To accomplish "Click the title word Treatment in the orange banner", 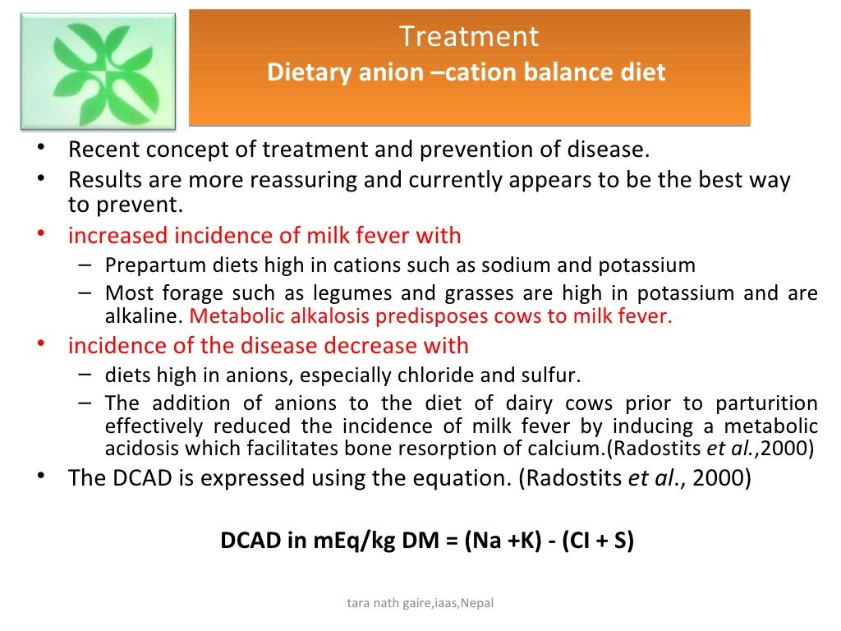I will [469, 37].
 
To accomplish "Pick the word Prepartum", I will [145, 265].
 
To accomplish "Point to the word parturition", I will [767, 403].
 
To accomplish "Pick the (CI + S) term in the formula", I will [598, 542].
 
